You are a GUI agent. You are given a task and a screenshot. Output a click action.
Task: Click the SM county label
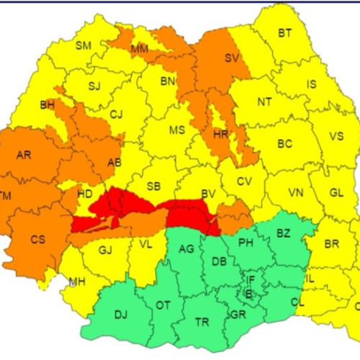[84, 45]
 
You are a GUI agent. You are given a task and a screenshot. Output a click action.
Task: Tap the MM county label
[140, 50]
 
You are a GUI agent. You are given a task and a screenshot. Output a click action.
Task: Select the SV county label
[231, 58]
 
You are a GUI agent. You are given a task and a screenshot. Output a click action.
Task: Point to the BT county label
[285, 32]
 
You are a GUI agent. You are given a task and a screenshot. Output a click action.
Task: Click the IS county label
[311, 84]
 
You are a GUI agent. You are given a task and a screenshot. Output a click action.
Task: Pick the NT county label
[264, 102]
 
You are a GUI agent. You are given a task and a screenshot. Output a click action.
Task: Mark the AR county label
[24, 155]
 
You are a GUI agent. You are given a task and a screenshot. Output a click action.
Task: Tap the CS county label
[37, 239]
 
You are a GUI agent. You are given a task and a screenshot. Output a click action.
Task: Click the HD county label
[85, 194]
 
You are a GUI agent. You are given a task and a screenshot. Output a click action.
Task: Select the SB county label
[153, 186]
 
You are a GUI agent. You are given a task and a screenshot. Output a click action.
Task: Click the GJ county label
[106, 250]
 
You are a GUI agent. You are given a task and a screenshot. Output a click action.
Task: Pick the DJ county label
[120, 314]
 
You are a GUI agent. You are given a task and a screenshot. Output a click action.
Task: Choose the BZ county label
[283, 233]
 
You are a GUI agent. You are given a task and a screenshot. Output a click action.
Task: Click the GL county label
[336, 193]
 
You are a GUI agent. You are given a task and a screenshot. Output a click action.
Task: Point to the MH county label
[77, 281]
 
